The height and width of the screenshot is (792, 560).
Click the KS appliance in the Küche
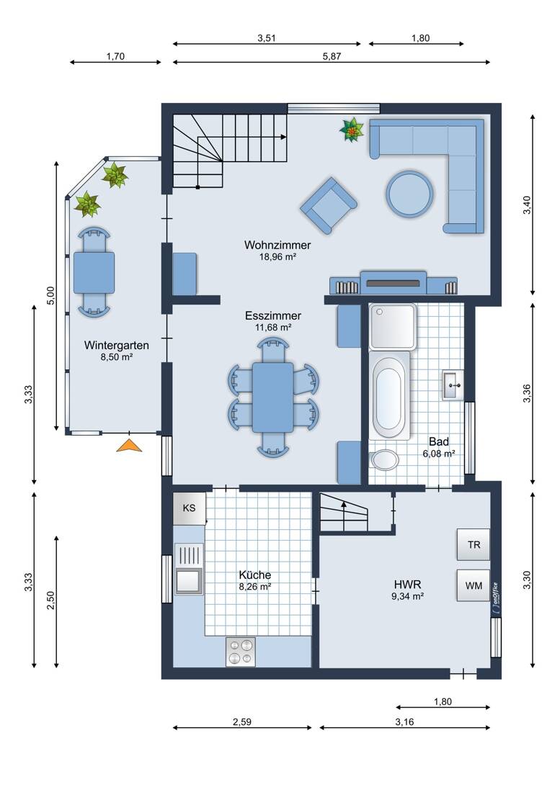click(x=190, y=508)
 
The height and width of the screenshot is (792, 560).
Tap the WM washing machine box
click(x=473, y=585)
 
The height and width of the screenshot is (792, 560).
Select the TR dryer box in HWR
click(x=473, y=544)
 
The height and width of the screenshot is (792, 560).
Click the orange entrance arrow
click(x=129, y=446)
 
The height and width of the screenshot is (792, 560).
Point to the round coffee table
click(x=409, y=194)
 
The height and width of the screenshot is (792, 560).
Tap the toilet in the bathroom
click(x=385, y=459)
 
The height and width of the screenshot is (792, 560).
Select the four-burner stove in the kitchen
click(x=240, y=652)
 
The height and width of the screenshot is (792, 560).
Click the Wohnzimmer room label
click(x=277, y=245)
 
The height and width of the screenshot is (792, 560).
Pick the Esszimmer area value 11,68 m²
click(x=273, y=328)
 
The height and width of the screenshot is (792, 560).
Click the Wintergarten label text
click(x=116, y=346)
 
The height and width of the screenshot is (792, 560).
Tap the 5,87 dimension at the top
click(x=332, y=57)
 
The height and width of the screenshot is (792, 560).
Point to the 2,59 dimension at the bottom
click(x=242, y=721)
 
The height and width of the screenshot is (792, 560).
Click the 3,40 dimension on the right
click(x=527, y=204)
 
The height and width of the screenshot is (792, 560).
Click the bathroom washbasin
click(x=453, y=385)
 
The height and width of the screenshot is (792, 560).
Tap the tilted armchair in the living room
click(x=329, y=206)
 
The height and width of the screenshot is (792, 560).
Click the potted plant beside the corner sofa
click(x=351, y=130)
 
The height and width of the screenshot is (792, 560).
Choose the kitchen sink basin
click(x=188, y=580)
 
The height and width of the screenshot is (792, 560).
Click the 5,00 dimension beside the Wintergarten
click(x=50, y=295)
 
